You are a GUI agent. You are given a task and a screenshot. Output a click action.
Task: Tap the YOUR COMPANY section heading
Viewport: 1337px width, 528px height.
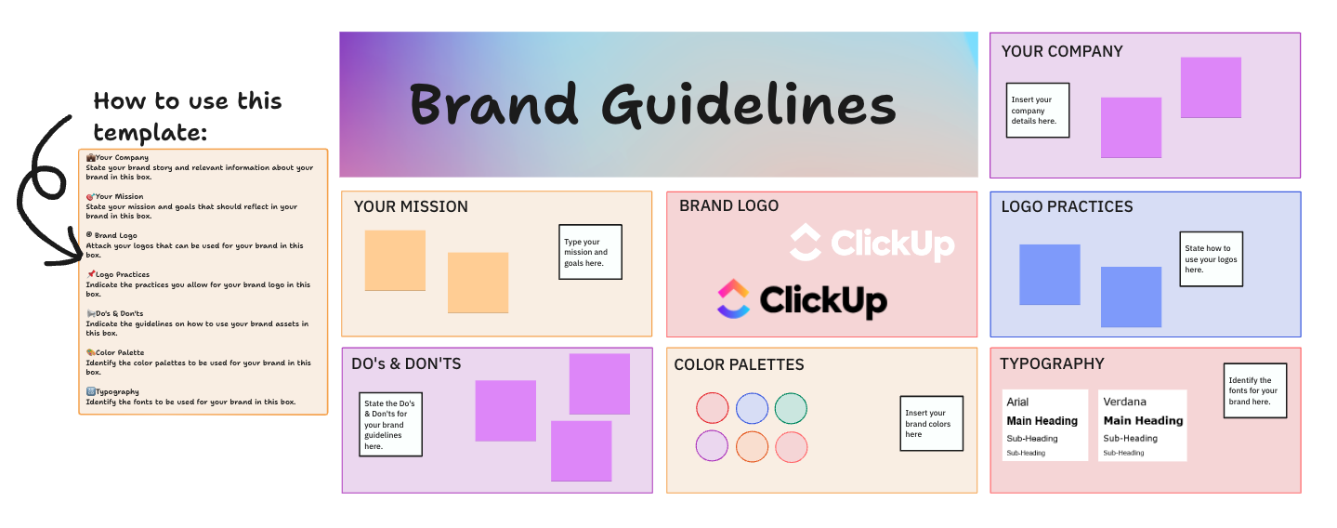click(x=1062, y=52)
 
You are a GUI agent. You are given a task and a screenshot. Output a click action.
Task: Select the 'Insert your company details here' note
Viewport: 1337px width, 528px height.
click(x=1038, y=111)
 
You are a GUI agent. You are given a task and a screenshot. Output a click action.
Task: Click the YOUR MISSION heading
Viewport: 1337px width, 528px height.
click(x=411, y=206)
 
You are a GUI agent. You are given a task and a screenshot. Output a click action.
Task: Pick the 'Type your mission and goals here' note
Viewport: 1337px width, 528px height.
click(x=590, y=252)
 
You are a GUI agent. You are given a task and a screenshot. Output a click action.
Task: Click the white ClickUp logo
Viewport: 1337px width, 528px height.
click(x=872, y=243)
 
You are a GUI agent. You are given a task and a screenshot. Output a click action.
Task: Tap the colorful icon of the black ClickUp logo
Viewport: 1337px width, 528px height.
click(x=733, y=299)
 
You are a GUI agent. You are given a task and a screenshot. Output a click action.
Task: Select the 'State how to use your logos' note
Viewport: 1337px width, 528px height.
click(x=1211, y=259)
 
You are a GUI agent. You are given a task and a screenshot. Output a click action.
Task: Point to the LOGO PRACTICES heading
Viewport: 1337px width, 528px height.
click(x=1067, y=206)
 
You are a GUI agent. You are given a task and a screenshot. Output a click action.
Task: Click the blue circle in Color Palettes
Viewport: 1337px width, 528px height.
click(x=752, y=408)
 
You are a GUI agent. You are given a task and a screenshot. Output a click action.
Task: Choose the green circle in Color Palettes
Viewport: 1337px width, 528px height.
click(x=791, y=408)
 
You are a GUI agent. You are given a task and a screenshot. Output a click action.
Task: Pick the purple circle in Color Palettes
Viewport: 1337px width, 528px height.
click(x=712, y=446)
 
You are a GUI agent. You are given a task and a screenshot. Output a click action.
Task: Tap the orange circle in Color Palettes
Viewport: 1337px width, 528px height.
click(x=752, y=446)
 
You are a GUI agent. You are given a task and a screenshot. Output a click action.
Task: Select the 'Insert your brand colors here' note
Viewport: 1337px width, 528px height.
click(x=931, y=424)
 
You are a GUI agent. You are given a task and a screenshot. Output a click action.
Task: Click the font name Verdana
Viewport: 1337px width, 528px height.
click(x=1124, y=402)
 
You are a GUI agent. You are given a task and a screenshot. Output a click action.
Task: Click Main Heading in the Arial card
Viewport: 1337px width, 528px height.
click(x=1042, y=420)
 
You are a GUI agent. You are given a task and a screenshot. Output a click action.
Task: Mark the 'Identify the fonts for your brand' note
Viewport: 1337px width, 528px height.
click(x=1254, y=390)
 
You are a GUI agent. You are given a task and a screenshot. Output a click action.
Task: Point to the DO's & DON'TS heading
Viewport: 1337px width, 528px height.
click(x=406, y=364)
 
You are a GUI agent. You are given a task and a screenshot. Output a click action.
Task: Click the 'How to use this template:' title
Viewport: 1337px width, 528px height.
click(x=187, y=116)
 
